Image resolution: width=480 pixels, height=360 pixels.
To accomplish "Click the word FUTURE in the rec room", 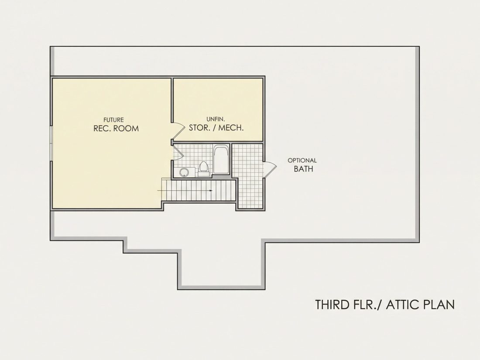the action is (113, 120).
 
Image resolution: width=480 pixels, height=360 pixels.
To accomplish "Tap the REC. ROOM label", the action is (116, 128).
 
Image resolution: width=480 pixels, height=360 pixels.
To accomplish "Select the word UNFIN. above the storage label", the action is (216, 119).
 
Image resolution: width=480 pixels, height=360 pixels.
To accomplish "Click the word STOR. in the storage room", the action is (198, 128).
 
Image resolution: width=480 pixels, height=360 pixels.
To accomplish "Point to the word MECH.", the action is (231, 128).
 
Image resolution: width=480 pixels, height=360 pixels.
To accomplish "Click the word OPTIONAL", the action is (302, 160).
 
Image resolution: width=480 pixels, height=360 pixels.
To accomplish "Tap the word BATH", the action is (303, 169).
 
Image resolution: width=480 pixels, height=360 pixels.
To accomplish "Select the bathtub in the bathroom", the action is (221, 159).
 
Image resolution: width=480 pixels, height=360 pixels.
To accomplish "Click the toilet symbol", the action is (204, 169).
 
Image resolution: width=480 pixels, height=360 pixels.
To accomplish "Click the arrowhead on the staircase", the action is (211, 190).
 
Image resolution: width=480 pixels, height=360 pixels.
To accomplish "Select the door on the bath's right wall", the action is (270, 169).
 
